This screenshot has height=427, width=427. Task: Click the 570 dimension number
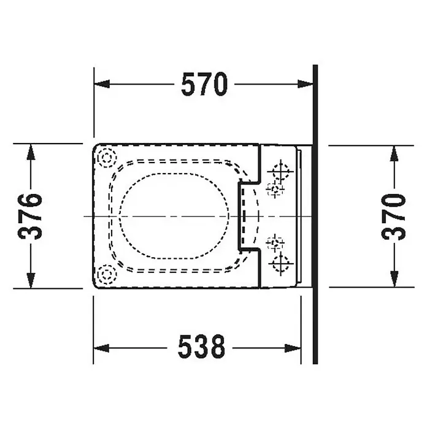(x=204, y=84)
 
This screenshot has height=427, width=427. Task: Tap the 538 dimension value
(x=201, y=347)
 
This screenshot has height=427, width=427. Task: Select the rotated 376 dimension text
(x=30, y=216)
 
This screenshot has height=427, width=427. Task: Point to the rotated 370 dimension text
(x=393, y=217)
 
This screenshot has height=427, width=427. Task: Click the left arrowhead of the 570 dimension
(x=102, y=84)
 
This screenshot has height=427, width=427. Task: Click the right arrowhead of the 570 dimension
(x=305, y=84)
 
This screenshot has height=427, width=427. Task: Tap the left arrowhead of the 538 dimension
(x=101, y=348)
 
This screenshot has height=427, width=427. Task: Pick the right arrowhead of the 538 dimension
(x=293, y=348)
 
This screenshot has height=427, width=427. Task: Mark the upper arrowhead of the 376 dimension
(x=31, y=152)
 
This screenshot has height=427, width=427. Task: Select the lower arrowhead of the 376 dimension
(x=31, y=280)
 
